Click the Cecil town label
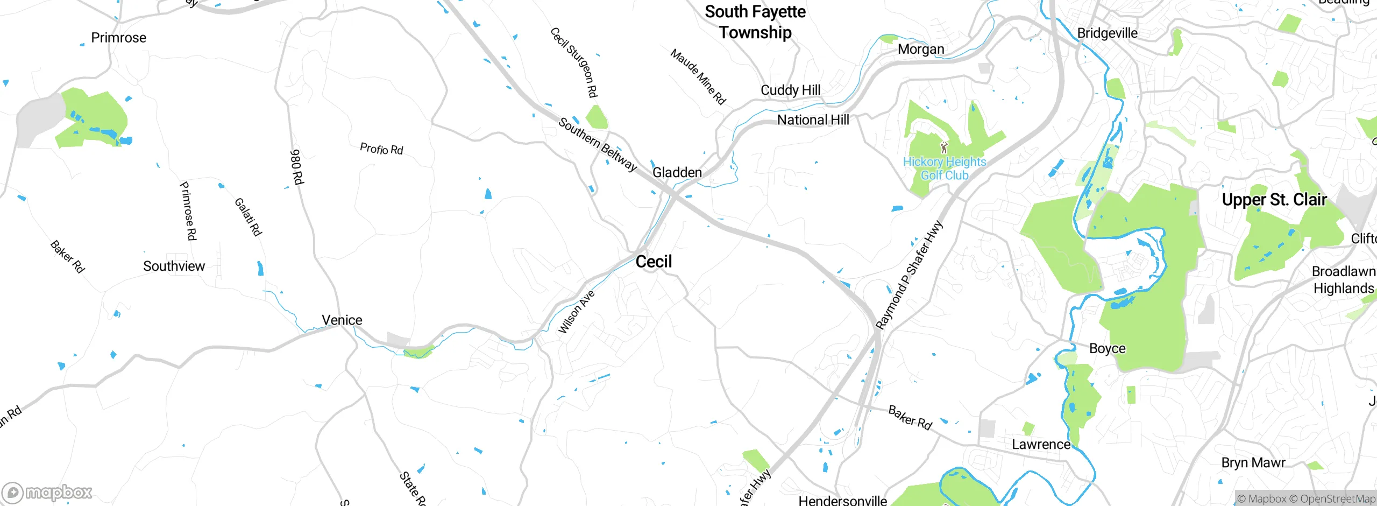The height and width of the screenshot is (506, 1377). (x=654, y=262)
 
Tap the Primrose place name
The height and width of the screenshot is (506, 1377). (x=118, y=38)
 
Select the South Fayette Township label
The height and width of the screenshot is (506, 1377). (x=755, y=22)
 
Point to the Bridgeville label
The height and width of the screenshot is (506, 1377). (x=1107, y=33)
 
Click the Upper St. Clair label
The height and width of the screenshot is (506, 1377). (x=1274, y=200)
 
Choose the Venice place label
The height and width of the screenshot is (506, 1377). (x=342, y=320)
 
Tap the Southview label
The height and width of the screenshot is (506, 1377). (x=174, y=266)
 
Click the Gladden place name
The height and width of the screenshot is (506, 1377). (x=677, y=173)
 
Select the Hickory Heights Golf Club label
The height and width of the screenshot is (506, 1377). (x=945, y=168)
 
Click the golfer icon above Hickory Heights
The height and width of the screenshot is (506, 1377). (x=944, y=147)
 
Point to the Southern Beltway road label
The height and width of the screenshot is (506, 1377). (x=597, y=144)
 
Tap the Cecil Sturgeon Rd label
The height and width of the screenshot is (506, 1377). (x=574, y=62)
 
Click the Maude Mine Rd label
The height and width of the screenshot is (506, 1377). (x=698, y=76)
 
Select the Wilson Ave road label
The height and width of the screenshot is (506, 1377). (x=576, y=312)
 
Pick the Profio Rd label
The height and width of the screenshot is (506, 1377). (x=381, y=149)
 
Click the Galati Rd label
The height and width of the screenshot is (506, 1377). (x=248, y=217)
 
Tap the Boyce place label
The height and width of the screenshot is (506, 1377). (x=1107, y=349)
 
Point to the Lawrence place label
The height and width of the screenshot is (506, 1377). (x=1041, y=445)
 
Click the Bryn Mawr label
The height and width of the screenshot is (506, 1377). (x=1253, y=463)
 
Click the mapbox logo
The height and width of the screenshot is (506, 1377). (x=47, y=493)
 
